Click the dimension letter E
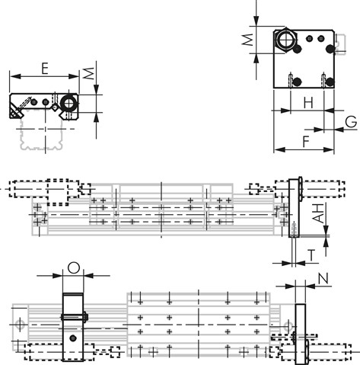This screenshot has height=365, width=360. pos(45,69)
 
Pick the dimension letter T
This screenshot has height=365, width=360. pos(311,254)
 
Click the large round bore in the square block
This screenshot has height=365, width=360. pos(285,38)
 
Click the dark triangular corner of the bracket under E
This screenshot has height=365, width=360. pos(15,108)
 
